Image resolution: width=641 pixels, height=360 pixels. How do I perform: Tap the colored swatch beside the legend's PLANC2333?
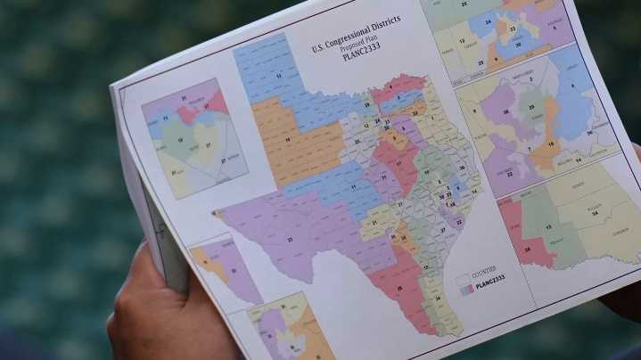tap(464, 289)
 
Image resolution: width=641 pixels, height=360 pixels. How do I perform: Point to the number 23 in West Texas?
tap(289, 239)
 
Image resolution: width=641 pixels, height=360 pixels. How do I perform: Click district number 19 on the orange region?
tap(288, 141)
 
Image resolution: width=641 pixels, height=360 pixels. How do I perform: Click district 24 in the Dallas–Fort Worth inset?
tap(488, 21)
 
